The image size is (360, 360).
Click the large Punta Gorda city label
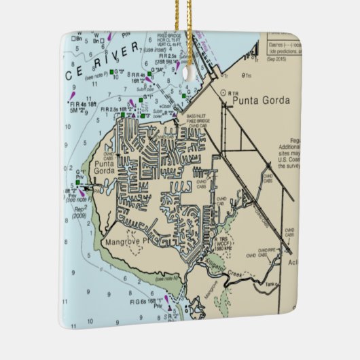pyautogui.click(x=261, y=101)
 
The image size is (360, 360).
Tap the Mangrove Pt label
pyautogui.click(x=128, y=242)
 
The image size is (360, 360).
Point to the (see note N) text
pyautogui.click(x=165, y=279)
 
